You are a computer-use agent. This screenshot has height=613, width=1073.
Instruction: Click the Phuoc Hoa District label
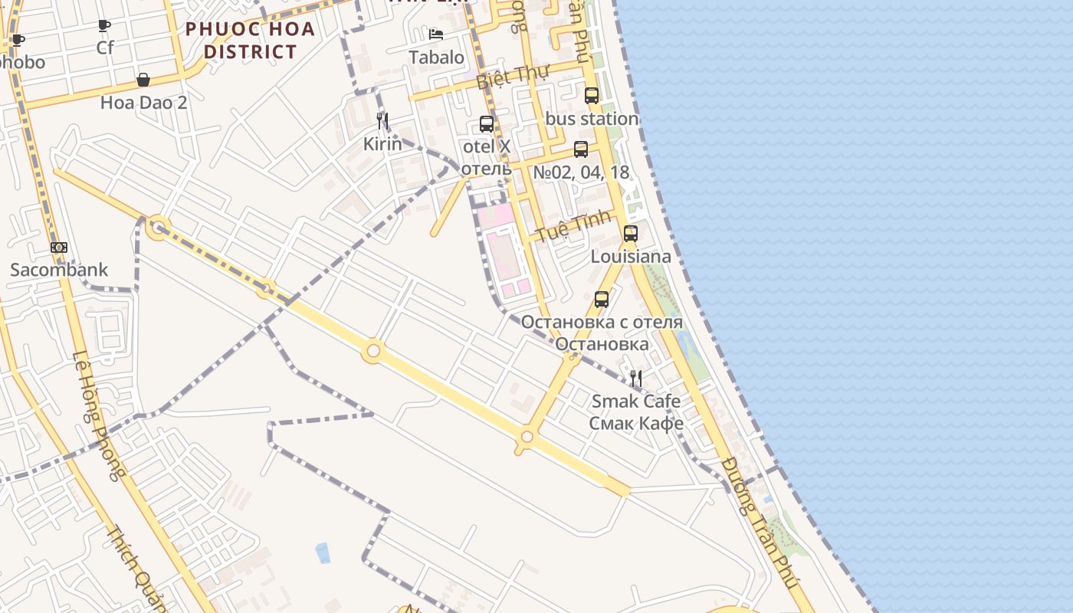point(250,41)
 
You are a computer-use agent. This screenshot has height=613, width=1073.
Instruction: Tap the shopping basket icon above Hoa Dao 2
point(143,80)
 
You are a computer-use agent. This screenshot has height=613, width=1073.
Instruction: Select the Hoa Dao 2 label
point(143,102)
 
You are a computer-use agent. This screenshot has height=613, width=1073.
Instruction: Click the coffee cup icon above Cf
point(104,26)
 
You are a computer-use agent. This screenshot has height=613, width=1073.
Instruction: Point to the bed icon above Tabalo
point(436,34)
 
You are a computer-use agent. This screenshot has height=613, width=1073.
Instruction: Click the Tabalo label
point(436,57)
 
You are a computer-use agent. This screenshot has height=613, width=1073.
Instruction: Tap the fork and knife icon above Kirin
point(382,121)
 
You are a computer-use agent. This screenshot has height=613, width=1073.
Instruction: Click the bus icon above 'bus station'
point(592,96)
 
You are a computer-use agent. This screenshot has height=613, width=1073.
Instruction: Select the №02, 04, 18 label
point(581,172)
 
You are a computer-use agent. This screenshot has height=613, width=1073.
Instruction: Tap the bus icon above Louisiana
point(631,234)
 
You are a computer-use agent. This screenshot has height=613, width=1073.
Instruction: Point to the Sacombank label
point(59,270)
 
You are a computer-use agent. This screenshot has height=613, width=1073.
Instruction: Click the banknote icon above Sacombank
point(59,247)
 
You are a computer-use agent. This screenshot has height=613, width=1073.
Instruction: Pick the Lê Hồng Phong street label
point(97,415)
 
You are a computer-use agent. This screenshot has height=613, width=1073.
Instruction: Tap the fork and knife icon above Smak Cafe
point(636,379)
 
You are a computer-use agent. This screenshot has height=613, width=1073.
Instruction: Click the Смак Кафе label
point(636,422)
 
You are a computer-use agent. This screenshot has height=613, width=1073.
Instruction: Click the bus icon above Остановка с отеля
point(602,300)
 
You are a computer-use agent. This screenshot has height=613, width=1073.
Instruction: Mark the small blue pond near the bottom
point(323,552)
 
